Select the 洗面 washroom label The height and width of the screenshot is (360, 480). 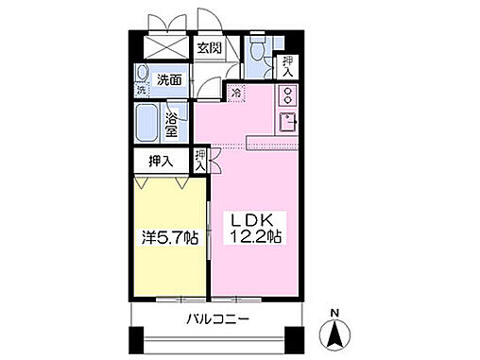(x=169, y=80)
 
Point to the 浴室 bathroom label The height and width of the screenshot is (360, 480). (x=172, y=124)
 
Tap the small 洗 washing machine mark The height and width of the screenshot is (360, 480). (x=142, y=90)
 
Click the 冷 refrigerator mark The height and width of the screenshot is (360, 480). (x=235, y=93)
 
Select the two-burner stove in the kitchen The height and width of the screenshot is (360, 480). (x=286, y=95)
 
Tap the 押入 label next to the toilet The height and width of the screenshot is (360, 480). (x=286, y=64)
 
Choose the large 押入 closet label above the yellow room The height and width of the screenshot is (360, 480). (x=161, y=162)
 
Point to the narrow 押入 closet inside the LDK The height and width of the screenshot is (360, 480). (x=201, y=160)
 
